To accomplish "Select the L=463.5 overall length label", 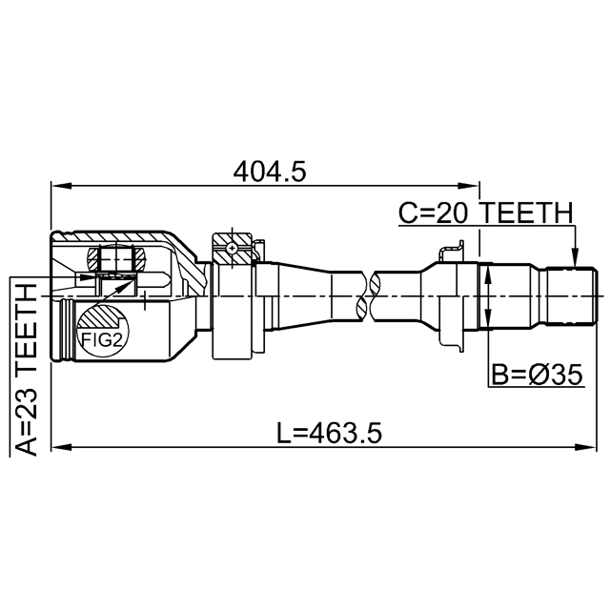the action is coord(329,434).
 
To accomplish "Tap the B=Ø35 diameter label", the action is coord(538,375).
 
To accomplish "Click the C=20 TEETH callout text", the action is coord(486,213).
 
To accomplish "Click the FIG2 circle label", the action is coord(102,340).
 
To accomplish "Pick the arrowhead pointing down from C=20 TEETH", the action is coord(576,260).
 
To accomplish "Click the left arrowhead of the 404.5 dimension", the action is coord(61,186).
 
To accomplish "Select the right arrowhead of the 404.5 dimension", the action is coord(469,186).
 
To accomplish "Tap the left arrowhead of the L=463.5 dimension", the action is coord(61,447).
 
